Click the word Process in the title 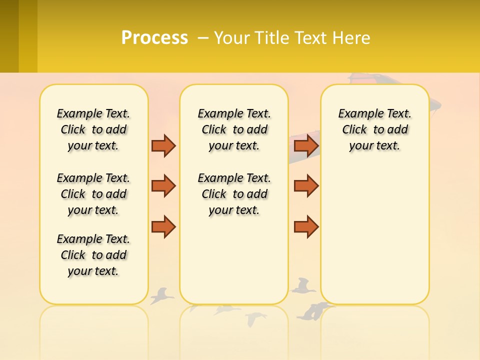click(154, 38)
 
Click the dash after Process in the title click(203, 38)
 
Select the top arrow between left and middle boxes click(163, 145)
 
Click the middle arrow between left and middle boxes click(163, 185)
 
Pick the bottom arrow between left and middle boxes click(163, 227)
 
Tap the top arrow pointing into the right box click(306, 145)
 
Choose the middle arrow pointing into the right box click(306, 185)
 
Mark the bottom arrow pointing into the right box click(306, 227)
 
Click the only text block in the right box click(374, 129)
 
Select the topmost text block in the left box click(93, 129)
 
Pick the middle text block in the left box click(93, 194)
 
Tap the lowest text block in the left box click(93, 255)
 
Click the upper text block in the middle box click(234, 129)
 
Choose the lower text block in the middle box click(234, 194)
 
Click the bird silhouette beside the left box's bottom click(161, 295)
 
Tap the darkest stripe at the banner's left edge click(9, 36)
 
